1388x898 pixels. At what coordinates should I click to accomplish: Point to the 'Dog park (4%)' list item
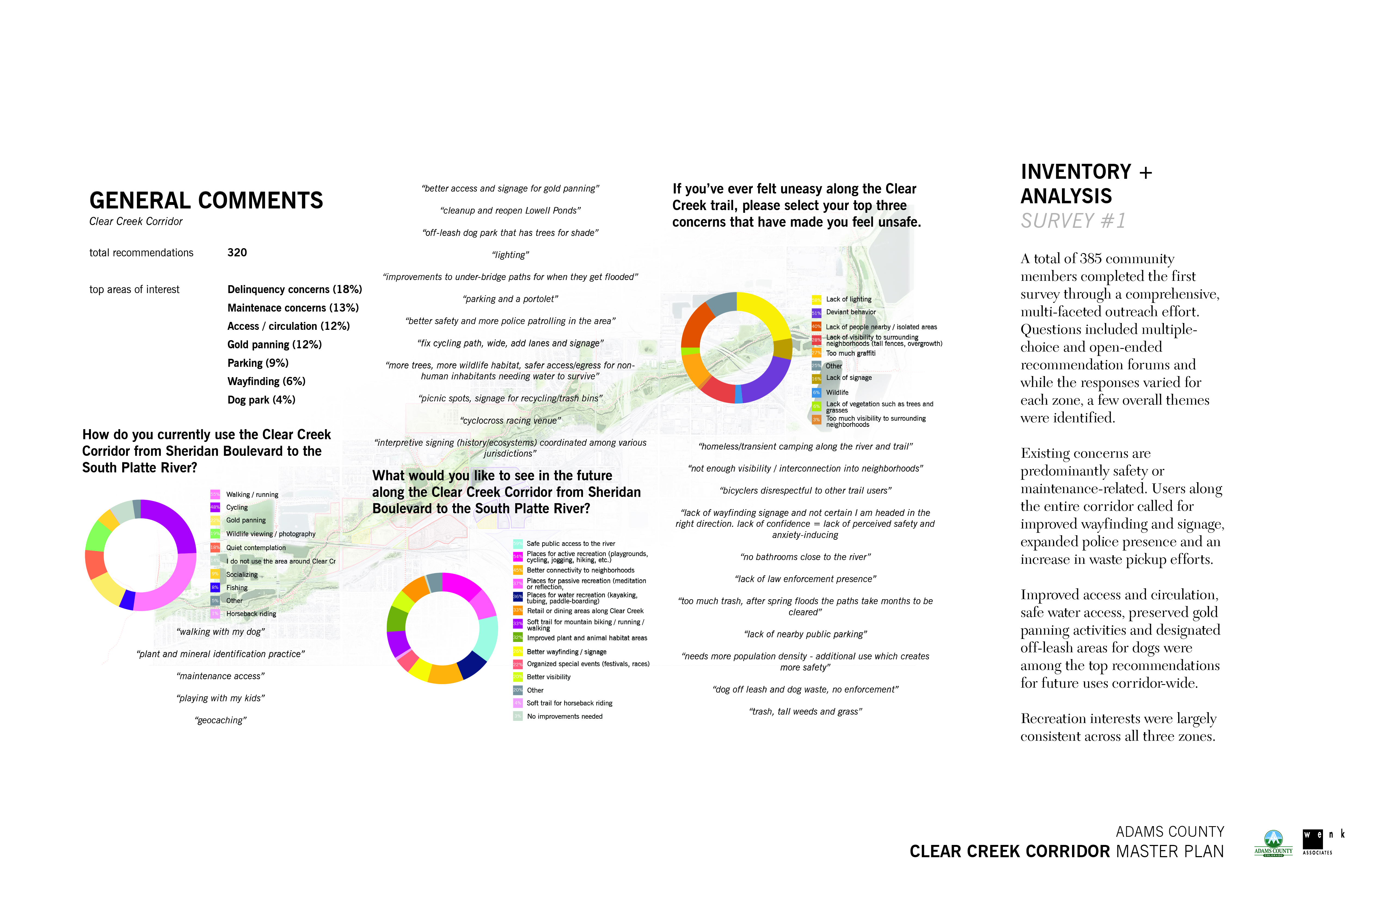click(261, 400)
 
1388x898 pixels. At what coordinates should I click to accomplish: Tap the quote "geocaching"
click(220, 721)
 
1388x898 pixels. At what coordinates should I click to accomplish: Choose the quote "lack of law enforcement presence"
click(805, 579)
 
